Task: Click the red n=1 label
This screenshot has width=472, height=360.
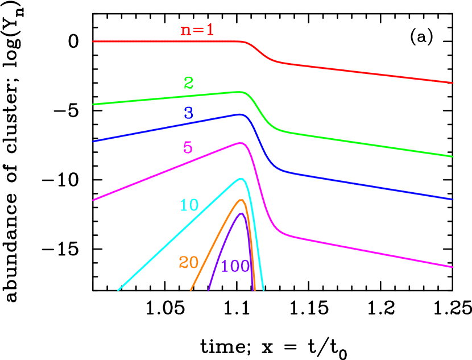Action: pyautogui.click(x=197, y=30)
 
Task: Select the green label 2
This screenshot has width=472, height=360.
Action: pyautogui.click(x=188, y=83)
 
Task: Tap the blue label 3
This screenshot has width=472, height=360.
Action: pyautogui.click(x=188, y=113)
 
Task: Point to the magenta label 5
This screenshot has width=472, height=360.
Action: pyautogui.click(x=188, y=148)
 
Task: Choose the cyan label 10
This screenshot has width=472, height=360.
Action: pyautogui.click(x=189, y=205)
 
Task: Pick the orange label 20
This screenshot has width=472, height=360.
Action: pyautogui.click(x=188, y=262)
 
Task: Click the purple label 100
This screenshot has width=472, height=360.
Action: pyautogui.click(x=235, y=266)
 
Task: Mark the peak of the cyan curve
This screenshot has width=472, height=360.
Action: pyautogui.click(x=241, y=179)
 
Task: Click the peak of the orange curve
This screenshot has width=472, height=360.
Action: pyautogui.click(x=241, y=200)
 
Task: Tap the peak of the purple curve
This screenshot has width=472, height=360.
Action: pyautogui.click(x=241, y=213)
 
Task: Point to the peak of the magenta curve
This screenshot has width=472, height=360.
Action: pyautogui.click(x=241, y=143)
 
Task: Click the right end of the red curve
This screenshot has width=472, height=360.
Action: pyautogui.click(x=453, y=83)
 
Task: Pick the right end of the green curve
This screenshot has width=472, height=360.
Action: pyautogui.click(x=453, y=156)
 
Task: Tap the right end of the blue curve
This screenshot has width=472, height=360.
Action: pyautogui.click(x=453, y=200)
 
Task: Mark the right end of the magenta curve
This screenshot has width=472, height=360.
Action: pyautogui.click(x=453, y=267)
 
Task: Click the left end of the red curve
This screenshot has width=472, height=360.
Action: pyautogui.click(x=93, y=42)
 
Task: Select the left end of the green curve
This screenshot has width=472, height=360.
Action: pyautogui.click(x=93, y=105)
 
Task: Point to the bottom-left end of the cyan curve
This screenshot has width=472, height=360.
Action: pyautogui.click(x=118, y=290)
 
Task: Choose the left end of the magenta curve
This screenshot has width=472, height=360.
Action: pyautogui.click(x=93, y=200)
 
